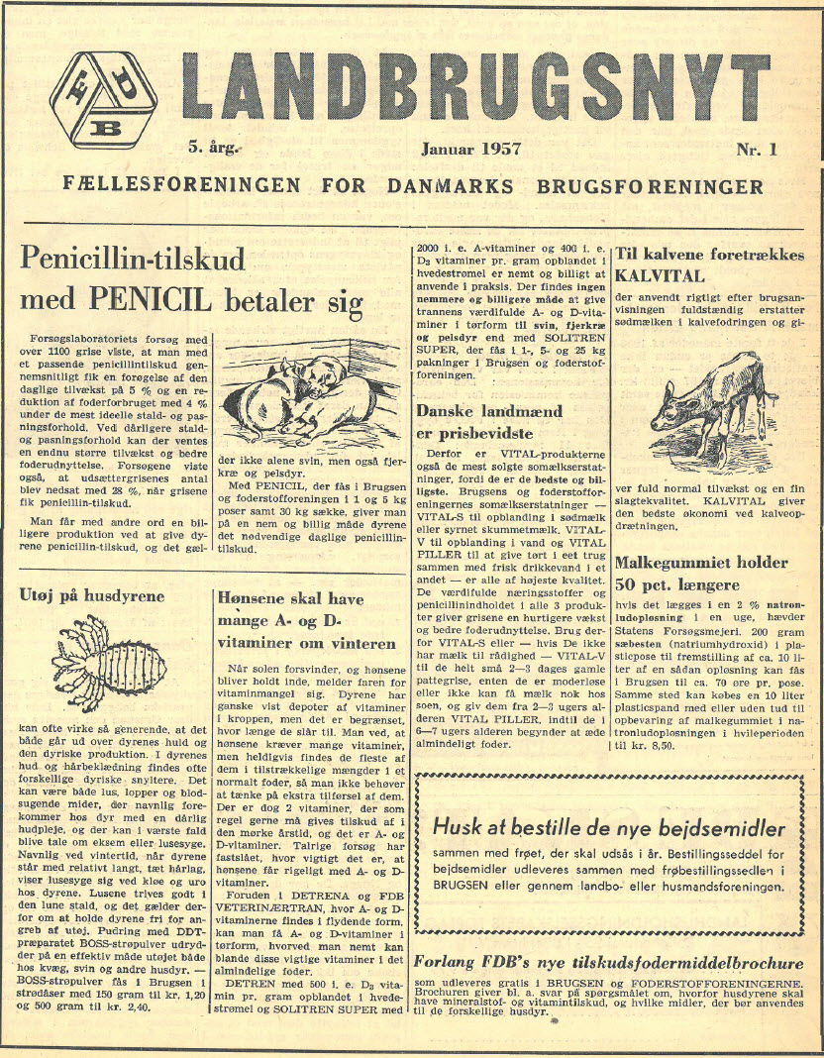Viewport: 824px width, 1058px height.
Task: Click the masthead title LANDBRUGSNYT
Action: (x=476, y=88)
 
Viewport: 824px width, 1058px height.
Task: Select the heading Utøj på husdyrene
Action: (x=92, y=596)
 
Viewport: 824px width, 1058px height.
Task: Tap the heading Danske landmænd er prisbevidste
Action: (x=488, y=422)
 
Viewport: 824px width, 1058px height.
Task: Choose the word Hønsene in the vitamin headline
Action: (x=254, y=599)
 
